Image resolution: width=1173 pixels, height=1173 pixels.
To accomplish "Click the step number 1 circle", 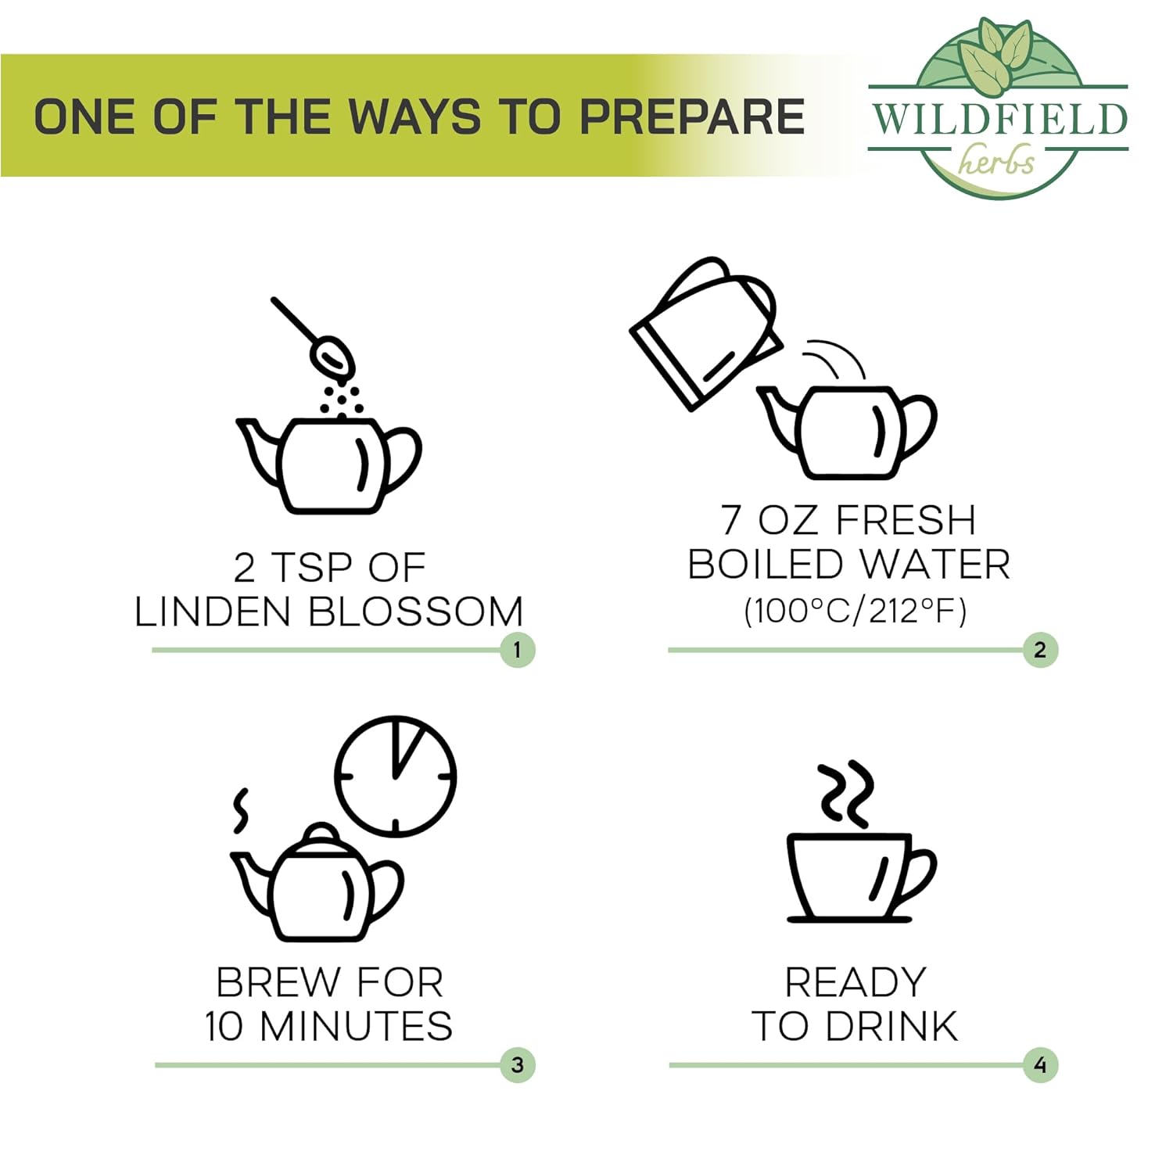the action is tap(518, 650).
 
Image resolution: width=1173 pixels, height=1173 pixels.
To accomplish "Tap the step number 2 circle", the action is tap(1040, 650).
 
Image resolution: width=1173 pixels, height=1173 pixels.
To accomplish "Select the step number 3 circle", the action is tap(518, 1065).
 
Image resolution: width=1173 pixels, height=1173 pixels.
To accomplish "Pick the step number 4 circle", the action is tap(1040, 1065).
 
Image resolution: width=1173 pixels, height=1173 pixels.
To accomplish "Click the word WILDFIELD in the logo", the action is tap(999, 119).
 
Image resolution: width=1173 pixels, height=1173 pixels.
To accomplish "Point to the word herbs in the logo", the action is tap(996, 162).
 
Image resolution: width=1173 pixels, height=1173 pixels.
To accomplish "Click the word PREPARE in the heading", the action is tap(692, 117).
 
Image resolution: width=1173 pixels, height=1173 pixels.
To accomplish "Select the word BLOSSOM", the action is tap(416, 612).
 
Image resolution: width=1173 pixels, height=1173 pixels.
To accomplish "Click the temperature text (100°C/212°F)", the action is tap(855, 611).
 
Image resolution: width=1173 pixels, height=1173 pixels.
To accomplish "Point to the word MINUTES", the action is tap(356, 1026).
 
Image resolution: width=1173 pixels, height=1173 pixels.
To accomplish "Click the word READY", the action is tap(856, 982).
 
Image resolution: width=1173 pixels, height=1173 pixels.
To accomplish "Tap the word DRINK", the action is tap(891, 1026).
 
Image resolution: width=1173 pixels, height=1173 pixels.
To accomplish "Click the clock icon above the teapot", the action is tap(395, 776).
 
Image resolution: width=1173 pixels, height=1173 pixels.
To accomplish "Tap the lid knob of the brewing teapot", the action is tap(320, 831).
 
